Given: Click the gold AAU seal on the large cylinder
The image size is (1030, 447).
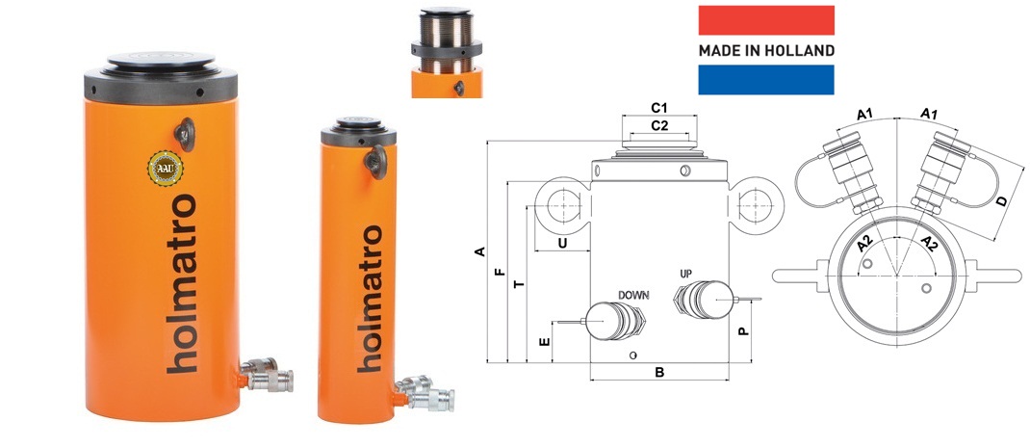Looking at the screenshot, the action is point(165,169).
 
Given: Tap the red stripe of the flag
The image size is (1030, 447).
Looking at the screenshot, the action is point(766,20).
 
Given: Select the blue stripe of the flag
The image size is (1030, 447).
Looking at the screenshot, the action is point(766,80).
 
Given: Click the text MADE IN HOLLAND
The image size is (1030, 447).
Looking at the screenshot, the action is point(766,51).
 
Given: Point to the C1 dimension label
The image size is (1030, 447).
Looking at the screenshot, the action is point(658,107).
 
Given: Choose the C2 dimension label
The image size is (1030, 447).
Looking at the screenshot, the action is point(658,125).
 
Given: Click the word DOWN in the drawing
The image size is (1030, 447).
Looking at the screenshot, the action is point(633,296).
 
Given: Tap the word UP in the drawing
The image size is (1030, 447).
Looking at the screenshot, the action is point(686,274).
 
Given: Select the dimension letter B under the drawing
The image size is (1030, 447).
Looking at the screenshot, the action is point(660,372).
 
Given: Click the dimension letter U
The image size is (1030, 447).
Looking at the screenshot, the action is point(562,243).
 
